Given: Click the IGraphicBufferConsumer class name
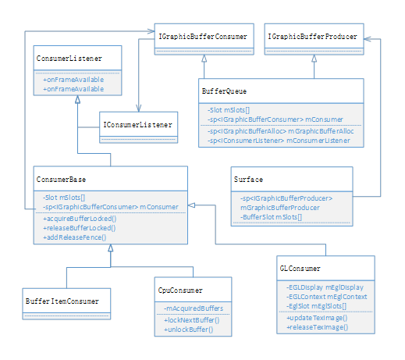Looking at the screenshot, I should point(203,36).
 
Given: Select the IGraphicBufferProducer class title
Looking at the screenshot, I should point(313,36).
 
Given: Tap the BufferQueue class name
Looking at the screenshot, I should point(226,92).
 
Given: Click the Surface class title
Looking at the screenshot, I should point(248,179).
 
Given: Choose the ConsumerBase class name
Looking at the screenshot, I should point(62,179).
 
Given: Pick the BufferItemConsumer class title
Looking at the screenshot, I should point(62,300).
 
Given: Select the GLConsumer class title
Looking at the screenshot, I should point(300,269).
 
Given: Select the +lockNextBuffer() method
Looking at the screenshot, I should point(192,321).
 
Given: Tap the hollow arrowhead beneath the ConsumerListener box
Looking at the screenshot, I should point(76,102).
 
